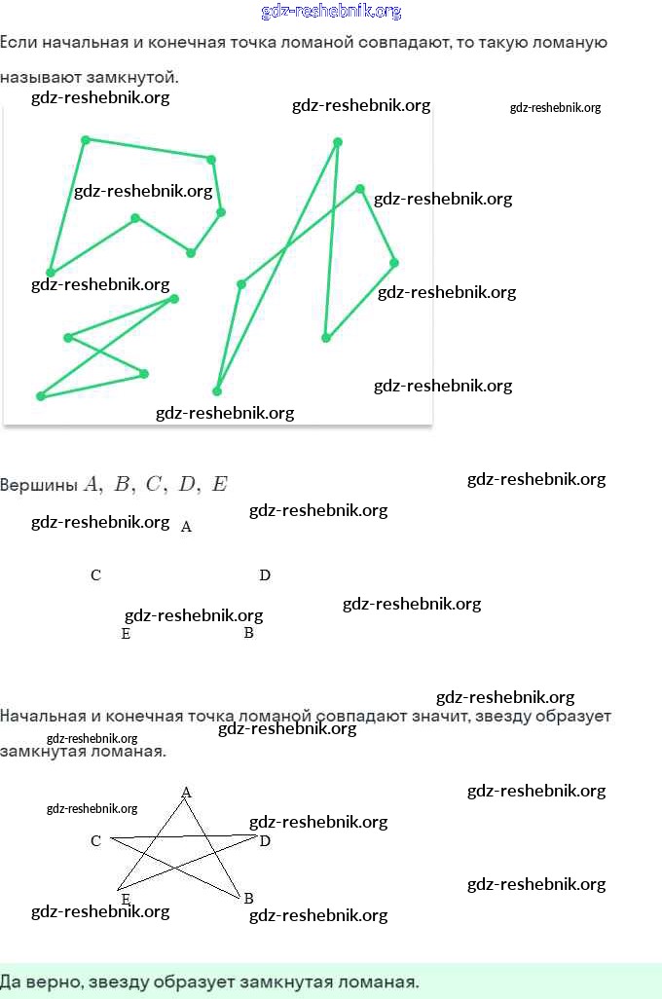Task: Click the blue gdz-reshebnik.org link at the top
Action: tap(331, 12)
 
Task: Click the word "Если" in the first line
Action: tap(18, 43)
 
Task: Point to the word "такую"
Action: tap(497, 43)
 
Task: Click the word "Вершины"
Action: tap(39, 485)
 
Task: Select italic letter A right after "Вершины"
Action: tap(92, 484)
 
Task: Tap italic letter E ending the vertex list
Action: tap(219, 484)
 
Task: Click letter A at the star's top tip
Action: tap(186, 793)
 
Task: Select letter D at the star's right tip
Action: tap(264, 840)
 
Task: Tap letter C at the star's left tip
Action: tap(95, 840)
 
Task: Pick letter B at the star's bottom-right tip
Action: tap(248, 898)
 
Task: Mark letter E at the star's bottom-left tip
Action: tap(126, 899)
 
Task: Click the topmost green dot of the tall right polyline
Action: tap(338, 142)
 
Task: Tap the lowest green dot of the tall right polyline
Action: tap(217, 391)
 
